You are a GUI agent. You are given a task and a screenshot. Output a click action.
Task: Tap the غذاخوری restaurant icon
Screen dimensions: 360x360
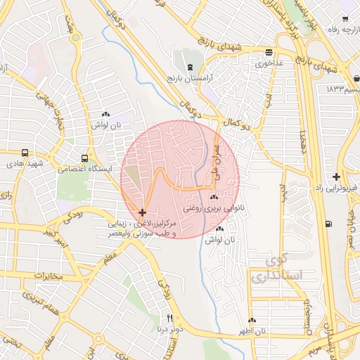pos(269,53)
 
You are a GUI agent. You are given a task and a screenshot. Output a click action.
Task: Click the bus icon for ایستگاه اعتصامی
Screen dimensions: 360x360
pos(85,158)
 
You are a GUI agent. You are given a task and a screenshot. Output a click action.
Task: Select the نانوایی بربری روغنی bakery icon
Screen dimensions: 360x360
pos(213,198)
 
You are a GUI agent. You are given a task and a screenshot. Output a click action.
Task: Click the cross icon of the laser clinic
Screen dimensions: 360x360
pos(143,212)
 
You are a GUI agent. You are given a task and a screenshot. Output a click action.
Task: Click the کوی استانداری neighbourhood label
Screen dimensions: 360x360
pos(285,269)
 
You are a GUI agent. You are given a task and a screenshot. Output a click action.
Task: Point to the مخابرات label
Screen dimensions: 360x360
pos(49,275)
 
